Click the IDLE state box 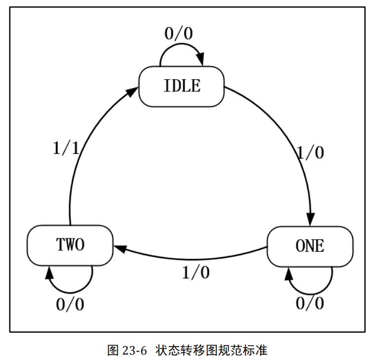click(x=181, y=86)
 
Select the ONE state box click(x=310, y=246)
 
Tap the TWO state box click(x=70, y=245)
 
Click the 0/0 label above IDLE click(x=178, y=34)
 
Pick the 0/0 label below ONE click(x=310, y=303)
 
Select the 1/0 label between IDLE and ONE click(x=310, y=153)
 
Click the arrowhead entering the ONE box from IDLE click(x=310, y=220)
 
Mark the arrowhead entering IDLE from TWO click(x=132, y=92)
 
